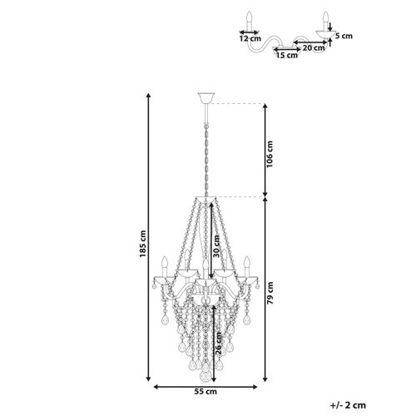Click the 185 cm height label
pyautogui.click(x=143, y=244)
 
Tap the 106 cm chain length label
pyautogui.click(x=270, y=154)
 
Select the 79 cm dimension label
pyautogui.click(x=270, y=293)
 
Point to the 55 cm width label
pyautogui.click(x=206, y=392)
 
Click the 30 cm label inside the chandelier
pyautogui.click(x=216, y=246)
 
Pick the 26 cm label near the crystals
pyautogui.click(x=218, y=344)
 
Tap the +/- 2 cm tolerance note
pyautogui.click(x=348, y=405)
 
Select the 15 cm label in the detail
pyautogui.click(x=287, y=55)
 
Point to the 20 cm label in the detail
pyautogui.click(x=314, y=47)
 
